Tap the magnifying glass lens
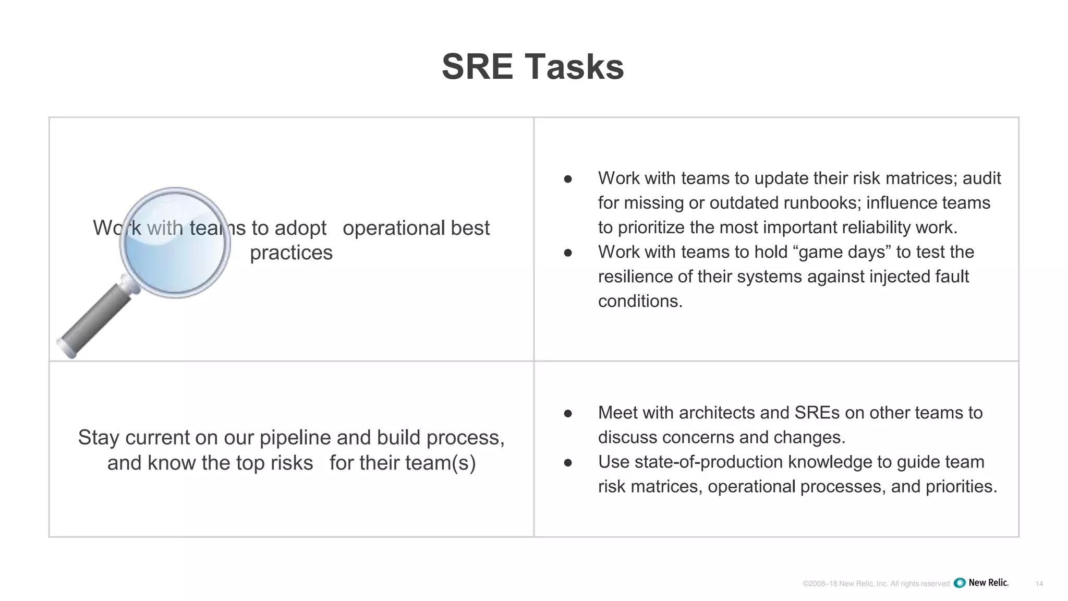point(175,243)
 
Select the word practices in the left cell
point(291,253)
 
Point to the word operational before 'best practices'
point(394,229)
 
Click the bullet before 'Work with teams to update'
point(568,179)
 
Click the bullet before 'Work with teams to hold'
point(568,253)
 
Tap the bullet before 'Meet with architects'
point(568,414)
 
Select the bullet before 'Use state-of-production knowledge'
point(568,463)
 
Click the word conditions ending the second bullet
point(640,301)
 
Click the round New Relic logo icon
point(960,583)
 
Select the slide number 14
point(1039,584)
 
